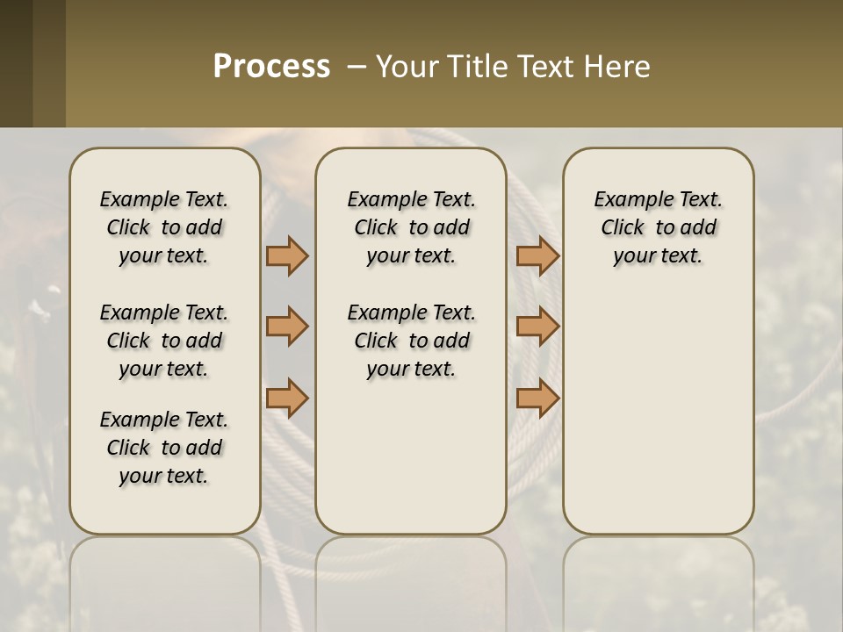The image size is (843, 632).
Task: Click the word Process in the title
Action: point(271,67)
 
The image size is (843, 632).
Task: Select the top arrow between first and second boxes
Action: point(287,256)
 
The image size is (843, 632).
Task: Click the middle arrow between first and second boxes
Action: point(287,327)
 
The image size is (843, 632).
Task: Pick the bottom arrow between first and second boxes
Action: point(287,398)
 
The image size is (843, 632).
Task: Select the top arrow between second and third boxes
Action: point(537,256)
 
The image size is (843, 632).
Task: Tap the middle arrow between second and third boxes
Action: point(537,327)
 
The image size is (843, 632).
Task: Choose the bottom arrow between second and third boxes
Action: point(537,398)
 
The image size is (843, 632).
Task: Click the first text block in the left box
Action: point(164,227)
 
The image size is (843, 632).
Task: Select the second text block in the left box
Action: point(164,341)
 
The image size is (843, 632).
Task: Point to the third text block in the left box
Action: point(164,448)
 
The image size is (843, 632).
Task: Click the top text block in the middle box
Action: point(411,227)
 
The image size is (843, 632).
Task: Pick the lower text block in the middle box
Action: point(411,341)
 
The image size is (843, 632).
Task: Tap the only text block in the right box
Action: point(658,227)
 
